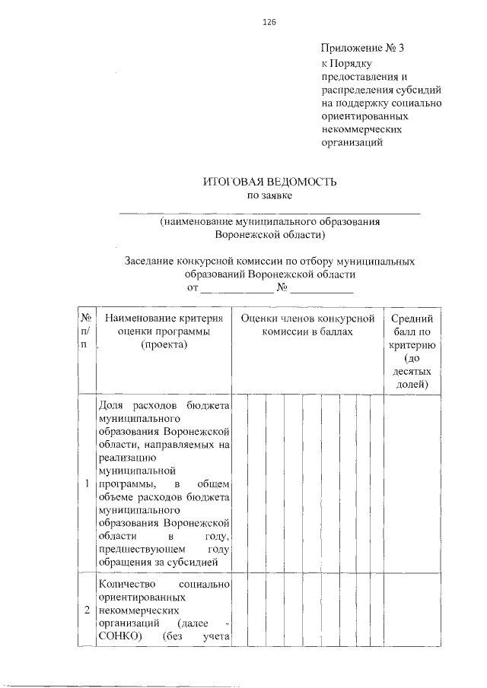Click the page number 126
269,22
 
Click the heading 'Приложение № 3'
363,48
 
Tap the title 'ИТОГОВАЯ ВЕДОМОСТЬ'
269,182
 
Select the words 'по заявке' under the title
270,196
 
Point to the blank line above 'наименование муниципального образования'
270,213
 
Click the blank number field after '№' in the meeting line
322,290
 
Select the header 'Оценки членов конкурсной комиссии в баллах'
308,325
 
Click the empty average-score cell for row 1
412,484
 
